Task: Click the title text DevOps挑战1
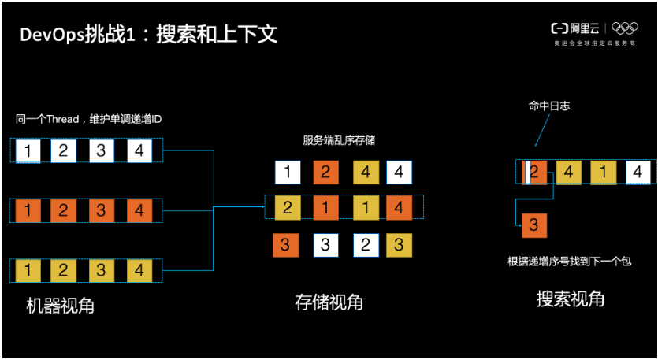(75, 35)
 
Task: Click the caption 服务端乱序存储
(339, 140)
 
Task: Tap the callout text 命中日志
(547, 106)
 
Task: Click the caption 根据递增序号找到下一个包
(570, 261)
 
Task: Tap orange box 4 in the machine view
(139, 210)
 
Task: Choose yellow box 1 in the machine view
(28, 271)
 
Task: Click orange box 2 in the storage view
(325, 172)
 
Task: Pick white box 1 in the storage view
(287, 172)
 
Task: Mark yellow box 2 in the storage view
(287, 207)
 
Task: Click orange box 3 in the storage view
(284, 245)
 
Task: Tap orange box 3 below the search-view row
(533, 225)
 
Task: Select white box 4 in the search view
(638, 171)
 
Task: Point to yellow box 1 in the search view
(602, 171)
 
